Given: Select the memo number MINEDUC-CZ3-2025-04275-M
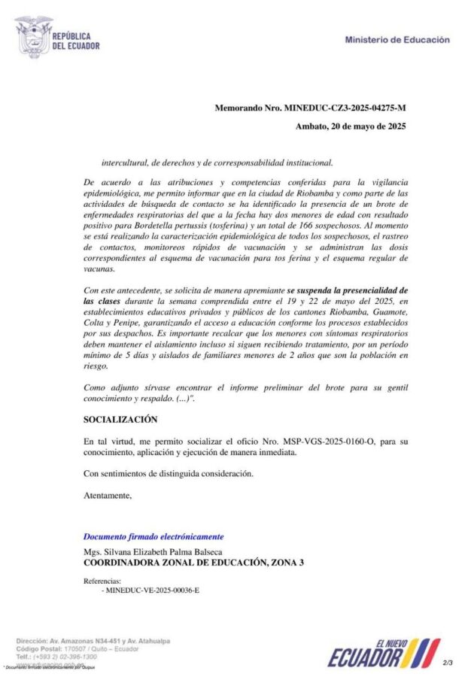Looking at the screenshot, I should [x=345, y=109].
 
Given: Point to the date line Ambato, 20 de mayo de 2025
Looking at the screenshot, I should [x=351, y=126].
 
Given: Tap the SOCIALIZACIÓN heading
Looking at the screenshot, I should [x=120, y=419].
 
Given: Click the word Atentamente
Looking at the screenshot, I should [x=108, y=496].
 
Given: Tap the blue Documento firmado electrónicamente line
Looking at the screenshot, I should [x=153, y=537].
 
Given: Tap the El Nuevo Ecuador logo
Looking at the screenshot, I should [x=384, y=652].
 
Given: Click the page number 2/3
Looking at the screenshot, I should [x=448, y=663].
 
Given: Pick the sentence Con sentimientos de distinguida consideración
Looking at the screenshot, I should [x=168, y=474].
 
